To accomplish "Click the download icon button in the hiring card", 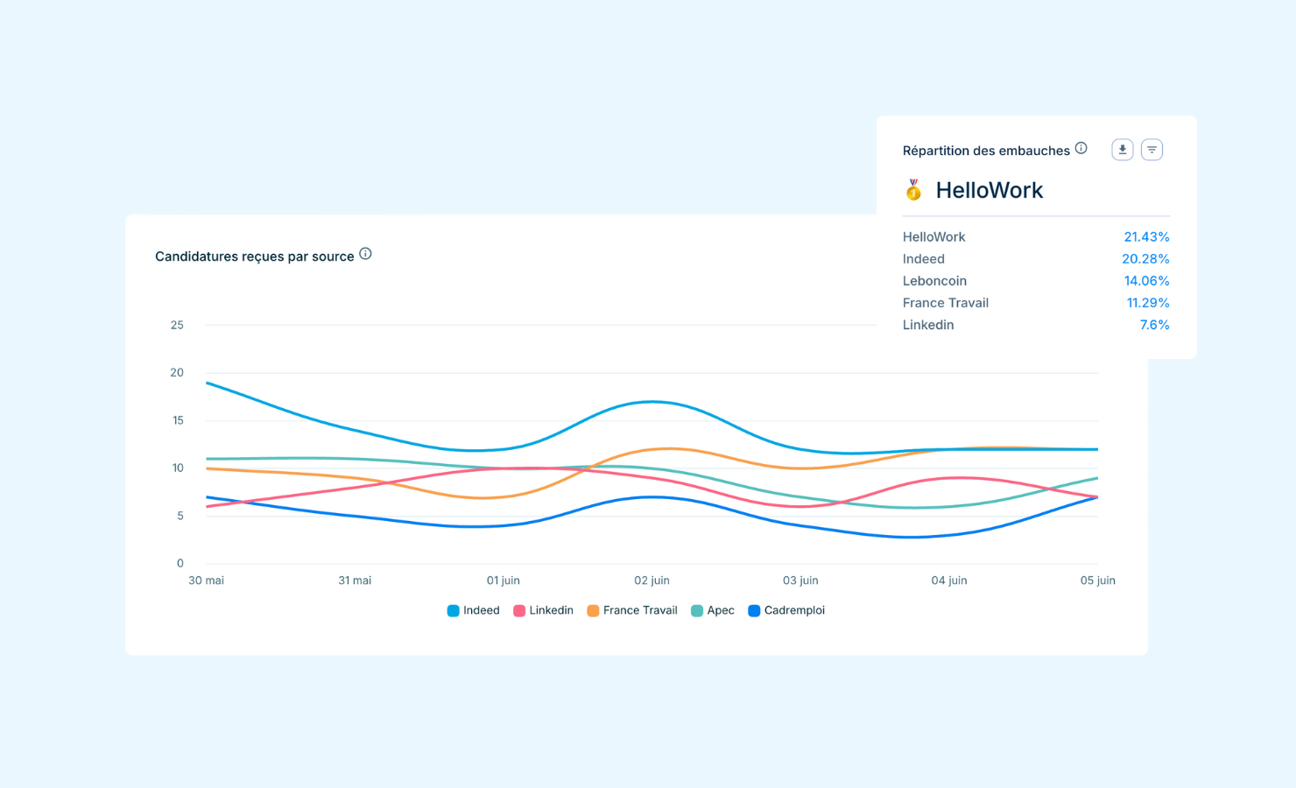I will (1122, 150).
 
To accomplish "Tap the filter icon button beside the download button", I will (1152, 150).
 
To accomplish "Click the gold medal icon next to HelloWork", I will (913, 190).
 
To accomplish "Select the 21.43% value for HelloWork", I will (1146, 237).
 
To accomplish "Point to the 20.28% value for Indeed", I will (1145, 259).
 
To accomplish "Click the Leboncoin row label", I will (934, 281).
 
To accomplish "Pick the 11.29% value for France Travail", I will (1147, 303).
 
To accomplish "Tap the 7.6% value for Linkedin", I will (1154, 325).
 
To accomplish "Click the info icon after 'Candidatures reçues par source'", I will (365, 254).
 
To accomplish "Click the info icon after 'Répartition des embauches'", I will (1081, 148).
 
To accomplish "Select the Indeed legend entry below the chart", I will (474, 610).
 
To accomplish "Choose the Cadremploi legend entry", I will (786, 610).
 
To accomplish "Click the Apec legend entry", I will (713, 610).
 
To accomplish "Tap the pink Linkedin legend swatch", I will (519, 610).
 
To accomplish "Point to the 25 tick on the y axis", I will (177, 325).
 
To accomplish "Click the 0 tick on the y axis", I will (180, 563).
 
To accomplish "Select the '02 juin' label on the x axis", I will (652, 580).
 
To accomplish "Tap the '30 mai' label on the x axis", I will (207, 580).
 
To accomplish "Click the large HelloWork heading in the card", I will (989, 190).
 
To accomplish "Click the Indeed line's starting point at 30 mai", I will (207, 383).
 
